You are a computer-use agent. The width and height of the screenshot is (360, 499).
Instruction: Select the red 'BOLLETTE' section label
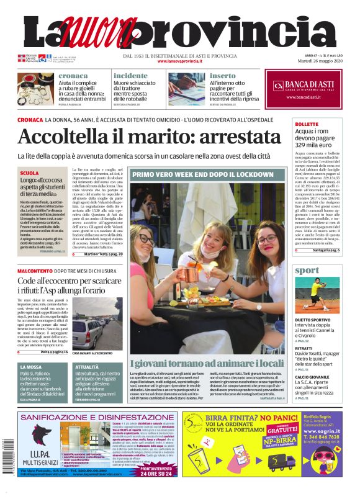(307, 124)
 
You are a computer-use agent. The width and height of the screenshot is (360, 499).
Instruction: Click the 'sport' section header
(308, 271)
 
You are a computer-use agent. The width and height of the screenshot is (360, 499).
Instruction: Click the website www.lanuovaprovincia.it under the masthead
(179, 61)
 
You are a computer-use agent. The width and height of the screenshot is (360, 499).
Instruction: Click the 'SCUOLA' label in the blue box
(29, 173)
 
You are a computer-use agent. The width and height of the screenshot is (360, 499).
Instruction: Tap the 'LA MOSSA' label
(30, 367)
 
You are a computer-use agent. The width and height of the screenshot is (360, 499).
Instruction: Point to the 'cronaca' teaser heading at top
(73, 76)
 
